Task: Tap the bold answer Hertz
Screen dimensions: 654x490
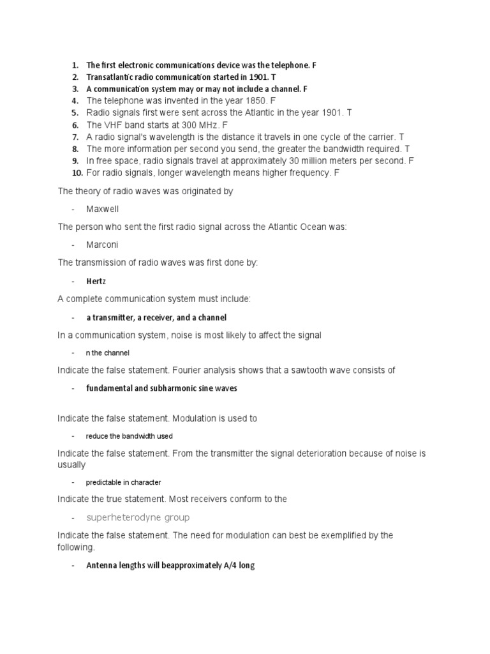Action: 96,281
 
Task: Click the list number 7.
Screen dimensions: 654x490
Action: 75,137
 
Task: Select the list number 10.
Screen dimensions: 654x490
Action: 75,173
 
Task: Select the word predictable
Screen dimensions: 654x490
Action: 104,482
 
